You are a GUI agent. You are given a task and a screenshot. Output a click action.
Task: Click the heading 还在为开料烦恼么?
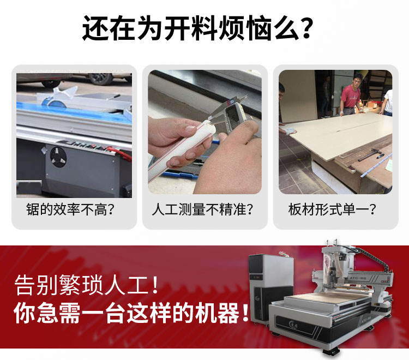197,28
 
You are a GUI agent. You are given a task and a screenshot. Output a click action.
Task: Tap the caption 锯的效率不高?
70,209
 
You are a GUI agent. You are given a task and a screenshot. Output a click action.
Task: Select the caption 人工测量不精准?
202,209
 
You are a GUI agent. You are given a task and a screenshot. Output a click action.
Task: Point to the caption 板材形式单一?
332,209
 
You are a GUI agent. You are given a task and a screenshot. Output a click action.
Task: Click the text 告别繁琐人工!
86,285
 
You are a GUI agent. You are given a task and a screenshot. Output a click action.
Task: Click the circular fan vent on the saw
58,157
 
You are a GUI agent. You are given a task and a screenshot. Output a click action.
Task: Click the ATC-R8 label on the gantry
358,279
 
